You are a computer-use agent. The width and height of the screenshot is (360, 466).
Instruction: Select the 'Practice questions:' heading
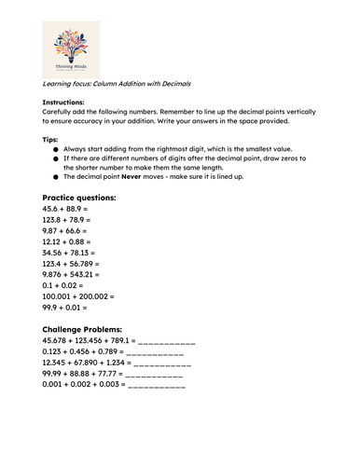(x=79, y=199)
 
